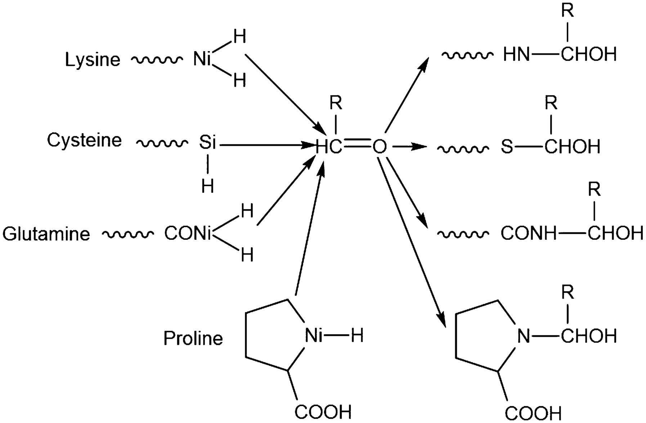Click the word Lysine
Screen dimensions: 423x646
pos(92,59)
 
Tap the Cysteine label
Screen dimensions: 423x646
pos(84,140)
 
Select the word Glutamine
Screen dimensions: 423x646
pos(46,234)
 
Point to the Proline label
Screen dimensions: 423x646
pos(193,338)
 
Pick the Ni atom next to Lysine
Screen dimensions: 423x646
pos(202,59)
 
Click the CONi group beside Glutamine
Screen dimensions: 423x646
pos(187,234)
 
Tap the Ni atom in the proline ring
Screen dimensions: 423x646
pos(314,336)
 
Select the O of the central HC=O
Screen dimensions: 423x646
pos(379,147)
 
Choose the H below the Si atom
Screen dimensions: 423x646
pos(207,186)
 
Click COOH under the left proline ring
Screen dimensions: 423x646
pos(323,411)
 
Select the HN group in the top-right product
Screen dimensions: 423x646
pos(517,55)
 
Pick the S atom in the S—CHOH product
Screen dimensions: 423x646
pos(507,147)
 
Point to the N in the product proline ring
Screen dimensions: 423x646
pos(524,336)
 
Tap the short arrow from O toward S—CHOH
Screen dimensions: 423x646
pos(409,147)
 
